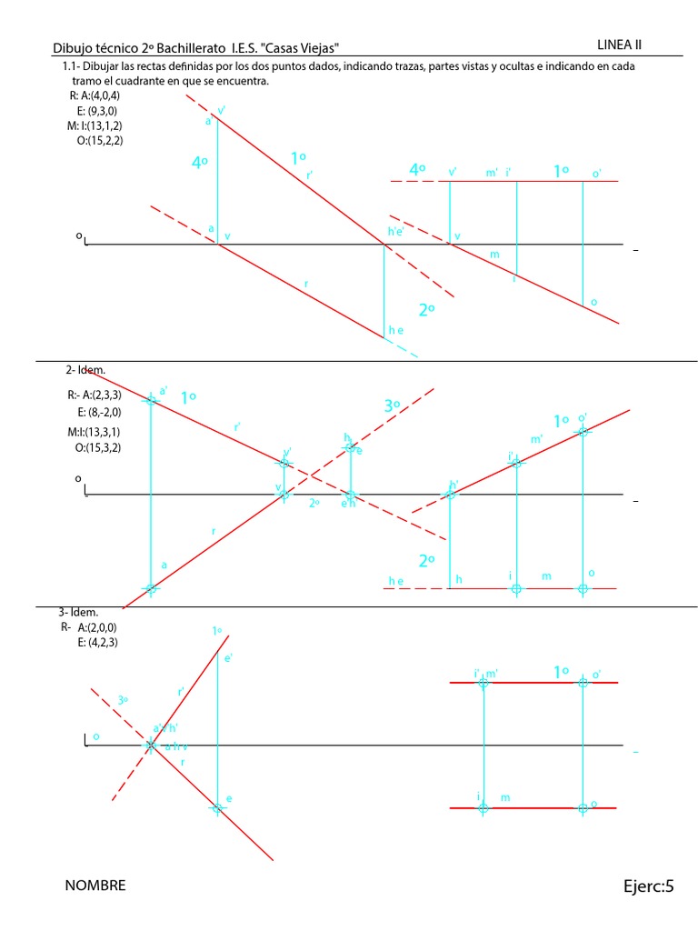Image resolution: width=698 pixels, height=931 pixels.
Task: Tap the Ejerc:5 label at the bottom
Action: click(x=649, y=886)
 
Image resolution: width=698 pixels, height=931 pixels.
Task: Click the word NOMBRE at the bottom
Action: click(x=95, y=886)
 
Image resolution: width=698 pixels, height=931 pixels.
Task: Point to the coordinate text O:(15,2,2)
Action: click(x=100, y=140)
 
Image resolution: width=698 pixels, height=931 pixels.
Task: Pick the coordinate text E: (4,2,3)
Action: click(x=98, y=642)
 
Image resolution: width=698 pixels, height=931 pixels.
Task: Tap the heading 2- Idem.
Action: click(x=85, y=370)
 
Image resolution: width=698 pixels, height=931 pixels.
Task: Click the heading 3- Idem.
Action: click(x=77, y=613)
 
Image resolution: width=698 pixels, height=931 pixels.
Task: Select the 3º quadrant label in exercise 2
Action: click(x=392, y=406)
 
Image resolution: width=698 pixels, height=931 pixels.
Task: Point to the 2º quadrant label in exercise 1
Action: click(x=426, y=310)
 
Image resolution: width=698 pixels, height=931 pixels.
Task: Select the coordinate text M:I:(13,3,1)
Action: click(x=95, y=432)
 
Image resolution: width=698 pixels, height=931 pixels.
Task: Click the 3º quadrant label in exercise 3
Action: click(x=123, y=701)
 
